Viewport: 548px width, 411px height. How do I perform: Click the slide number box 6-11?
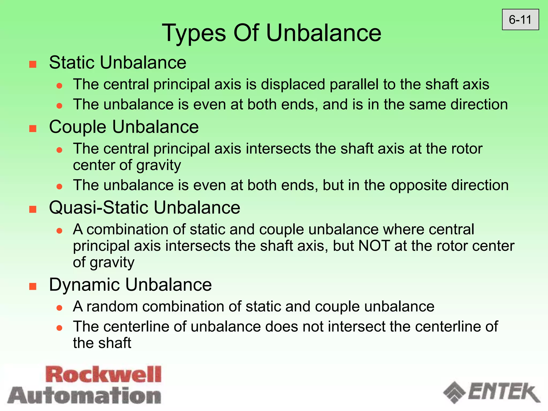(520, 20)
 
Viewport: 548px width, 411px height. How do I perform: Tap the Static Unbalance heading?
(117, 63)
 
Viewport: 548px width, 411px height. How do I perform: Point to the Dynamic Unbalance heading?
(130, 284)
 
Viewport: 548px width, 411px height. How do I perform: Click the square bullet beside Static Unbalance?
(33, 64)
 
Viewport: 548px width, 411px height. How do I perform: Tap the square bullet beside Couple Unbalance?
(33, 128)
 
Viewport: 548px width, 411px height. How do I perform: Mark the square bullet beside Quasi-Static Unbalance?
(33, 209)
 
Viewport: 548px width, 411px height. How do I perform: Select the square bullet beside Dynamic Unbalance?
(33, 286)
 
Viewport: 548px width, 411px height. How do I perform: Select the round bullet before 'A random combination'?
(59, 308)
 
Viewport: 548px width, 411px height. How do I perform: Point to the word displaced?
(293, 85)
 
